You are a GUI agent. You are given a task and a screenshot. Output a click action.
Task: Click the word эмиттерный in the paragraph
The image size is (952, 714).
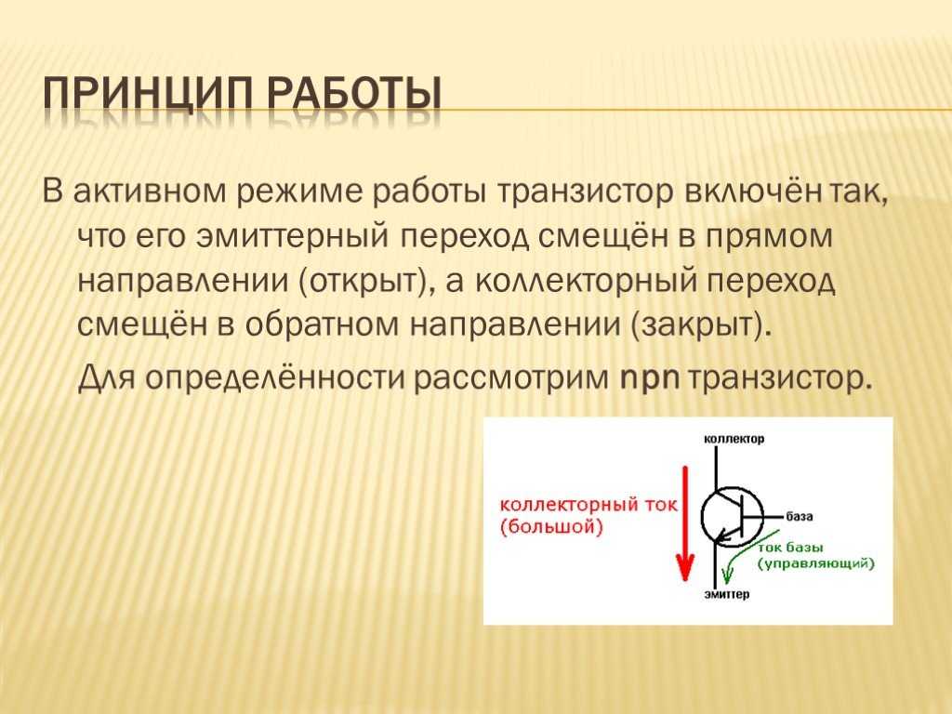292,236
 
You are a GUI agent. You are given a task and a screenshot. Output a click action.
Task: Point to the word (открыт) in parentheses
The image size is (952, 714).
367,282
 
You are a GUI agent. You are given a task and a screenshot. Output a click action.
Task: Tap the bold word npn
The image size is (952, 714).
649,379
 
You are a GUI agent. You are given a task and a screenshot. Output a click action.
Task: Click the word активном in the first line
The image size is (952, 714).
150,192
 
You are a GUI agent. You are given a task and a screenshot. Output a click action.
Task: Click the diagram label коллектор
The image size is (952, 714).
734,439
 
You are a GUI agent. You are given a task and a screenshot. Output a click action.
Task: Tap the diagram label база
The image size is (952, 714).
799,517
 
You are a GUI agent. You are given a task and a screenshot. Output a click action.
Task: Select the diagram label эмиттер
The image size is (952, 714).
727,594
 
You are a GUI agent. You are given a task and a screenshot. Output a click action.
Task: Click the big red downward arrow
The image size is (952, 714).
685,523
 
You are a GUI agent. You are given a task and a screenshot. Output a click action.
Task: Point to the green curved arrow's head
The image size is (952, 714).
727,575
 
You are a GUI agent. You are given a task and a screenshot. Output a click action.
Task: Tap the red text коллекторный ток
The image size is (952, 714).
588,506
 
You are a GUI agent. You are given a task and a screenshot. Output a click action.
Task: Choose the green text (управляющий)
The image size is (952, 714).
816,564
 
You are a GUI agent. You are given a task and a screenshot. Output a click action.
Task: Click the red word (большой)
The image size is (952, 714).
551,527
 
